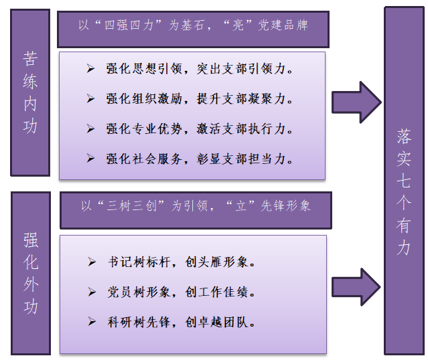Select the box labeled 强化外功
30,272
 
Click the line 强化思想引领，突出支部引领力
200,68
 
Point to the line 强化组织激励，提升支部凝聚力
200,98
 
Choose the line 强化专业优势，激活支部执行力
200,128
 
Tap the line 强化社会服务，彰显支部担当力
200,159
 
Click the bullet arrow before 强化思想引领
90,68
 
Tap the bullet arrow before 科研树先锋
92,322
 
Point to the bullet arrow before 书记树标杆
92,262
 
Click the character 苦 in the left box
30,60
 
